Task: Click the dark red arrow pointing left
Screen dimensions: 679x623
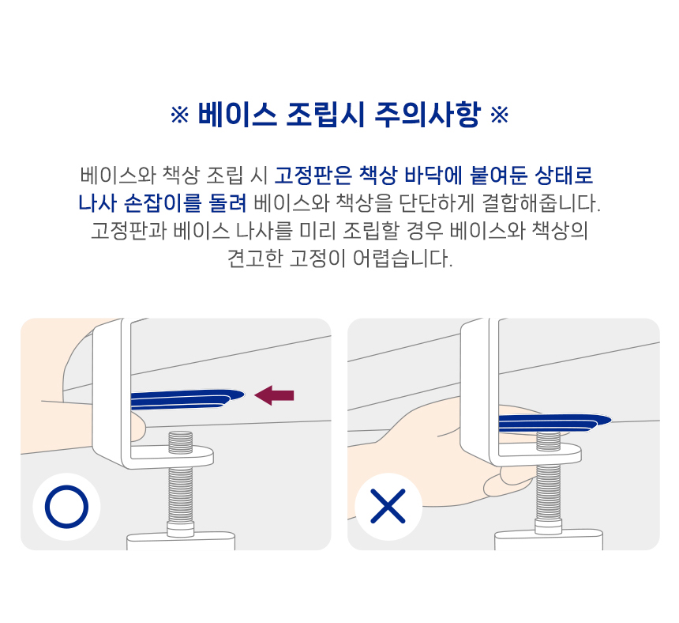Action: pos(274,395)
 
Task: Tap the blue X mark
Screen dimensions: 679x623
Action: pos(388,506)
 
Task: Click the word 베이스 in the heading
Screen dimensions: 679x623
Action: pos(238,115)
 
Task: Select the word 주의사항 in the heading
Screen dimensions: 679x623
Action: pos(428,115)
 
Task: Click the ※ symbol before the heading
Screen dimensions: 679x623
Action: pos(179,115)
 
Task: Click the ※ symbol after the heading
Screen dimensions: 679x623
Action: pos(499,115)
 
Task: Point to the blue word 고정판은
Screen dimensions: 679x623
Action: pos(314,176)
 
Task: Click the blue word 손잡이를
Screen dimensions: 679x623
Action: pos(163,203)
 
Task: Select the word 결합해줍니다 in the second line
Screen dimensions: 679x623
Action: pos(541,203)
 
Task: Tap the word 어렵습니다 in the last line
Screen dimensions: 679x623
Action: pos(403,259)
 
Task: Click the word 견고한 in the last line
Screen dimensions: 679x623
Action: pos(255,259)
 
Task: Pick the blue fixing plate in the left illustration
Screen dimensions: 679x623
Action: pos(187,398)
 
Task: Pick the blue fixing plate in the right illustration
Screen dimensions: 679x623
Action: pos(555,423)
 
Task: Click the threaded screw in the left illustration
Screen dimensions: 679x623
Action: pos(181,481)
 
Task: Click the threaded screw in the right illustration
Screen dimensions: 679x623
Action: pos(548,481)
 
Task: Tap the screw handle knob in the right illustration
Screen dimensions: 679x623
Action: pos(548,540)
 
